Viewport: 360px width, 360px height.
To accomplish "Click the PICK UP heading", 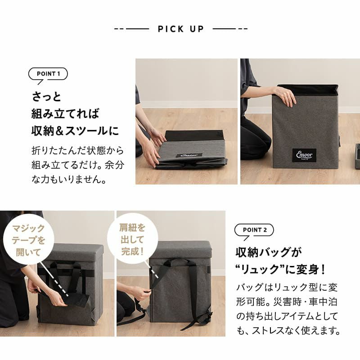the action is point(181,29).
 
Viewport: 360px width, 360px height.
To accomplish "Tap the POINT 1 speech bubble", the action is point(48,74).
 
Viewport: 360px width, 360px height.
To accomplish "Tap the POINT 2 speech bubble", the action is point(254,230).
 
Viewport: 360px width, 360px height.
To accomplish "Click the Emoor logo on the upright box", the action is point(304,155).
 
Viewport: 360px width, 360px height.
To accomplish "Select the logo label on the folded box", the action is point(189,155).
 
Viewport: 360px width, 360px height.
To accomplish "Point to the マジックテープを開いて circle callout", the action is point(28,240).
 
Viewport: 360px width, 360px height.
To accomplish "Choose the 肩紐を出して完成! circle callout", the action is point(132,239).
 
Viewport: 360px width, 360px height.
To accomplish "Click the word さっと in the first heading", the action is point(47,96).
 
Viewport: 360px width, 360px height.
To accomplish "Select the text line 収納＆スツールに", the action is point(75,131).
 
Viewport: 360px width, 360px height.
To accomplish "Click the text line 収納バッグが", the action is point(268,252).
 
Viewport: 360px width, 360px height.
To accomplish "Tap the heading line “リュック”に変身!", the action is point(280,269).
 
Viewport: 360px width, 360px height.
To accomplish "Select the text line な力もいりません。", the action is point(69,179).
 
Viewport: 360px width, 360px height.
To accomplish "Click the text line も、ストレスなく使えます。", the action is point(288,331).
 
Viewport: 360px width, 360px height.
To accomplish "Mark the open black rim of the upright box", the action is point(307,90).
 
